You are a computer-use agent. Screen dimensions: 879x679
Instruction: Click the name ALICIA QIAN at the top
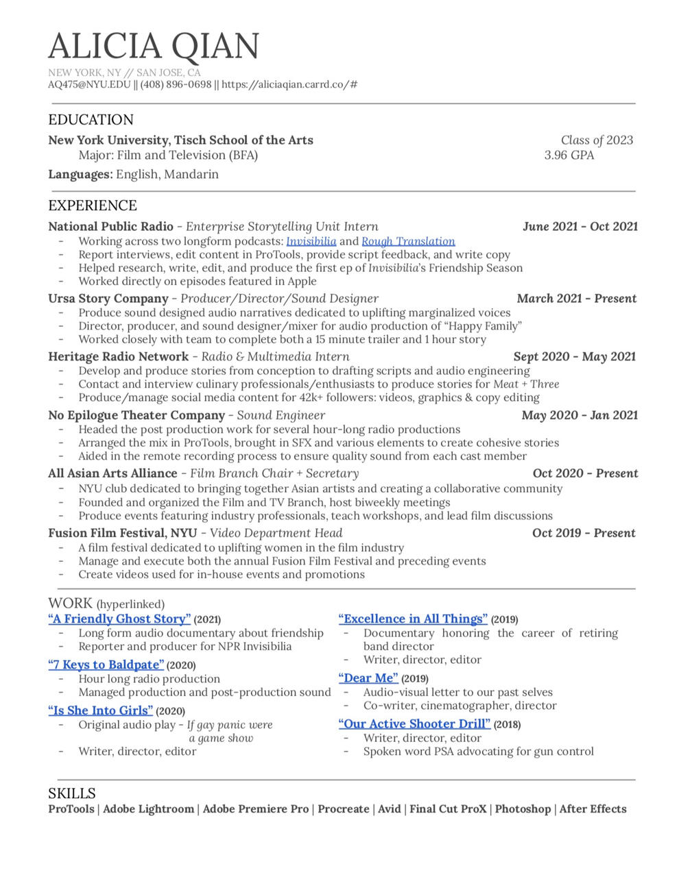click(154, 46)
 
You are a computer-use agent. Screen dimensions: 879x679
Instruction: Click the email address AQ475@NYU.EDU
click(89, 85)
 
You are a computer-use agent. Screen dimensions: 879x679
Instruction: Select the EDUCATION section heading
click(91, 120)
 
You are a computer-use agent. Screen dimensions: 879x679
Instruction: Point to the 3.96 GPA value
click(569, 156)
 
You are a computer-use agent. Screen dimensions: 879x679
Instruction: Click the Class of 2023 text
click(597, 140)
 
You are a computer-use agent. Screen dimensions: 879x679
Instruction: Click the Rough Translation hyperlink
click(408, 241)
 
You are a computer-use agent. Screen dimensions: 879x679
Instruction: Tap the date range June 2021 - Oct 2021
click(580, 227)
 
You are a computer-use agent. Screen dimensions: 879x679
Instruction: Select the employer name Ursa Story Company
click(108, 299)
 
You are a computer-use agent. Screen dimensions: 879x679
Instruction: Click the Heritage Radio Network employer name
click(118, 357)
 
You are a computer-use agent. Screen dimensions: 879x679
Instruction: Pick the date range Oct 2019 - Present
click(584, 533)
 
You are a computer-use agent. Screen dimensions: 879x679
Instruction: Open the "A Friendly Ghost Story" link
click(119, 619)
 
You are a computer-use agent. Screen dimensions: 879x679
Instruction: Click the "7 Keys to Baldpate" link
click(106, 665)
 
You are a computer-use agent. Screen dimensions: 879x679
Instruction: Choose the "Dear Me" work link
click(368, 678)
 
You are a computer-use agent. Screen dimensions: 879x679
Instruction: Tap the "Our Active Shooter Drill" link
click(414, 724)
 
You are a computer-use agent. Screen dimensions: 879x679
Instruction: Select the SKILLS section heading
click(72, 793)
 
